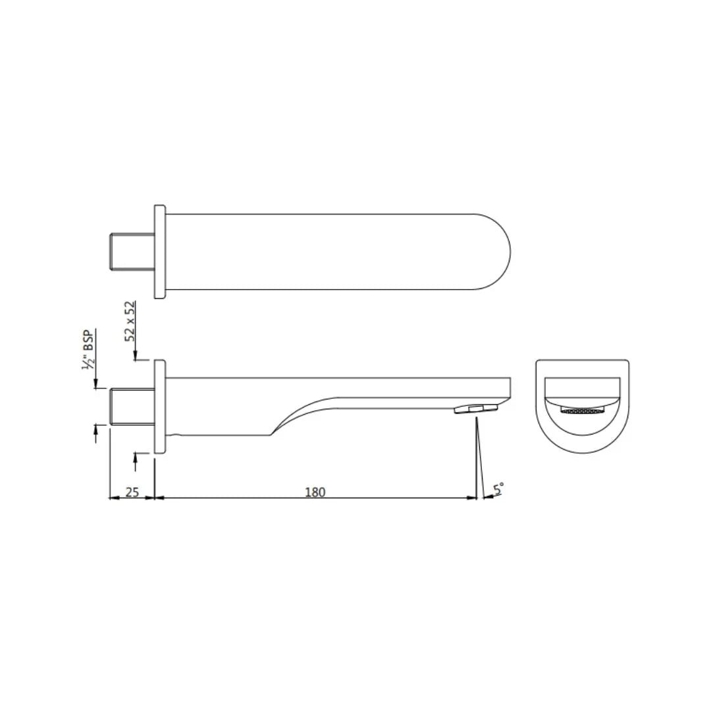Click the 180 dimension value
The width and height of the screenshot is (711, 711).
(x=315, y=492)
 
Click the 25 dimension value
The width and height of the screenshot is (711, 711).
(x=132, y=492)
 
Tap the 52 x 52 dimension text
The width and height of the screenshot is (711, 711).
(x=130, y=321)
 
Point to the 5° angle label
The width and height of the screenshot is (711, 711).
(x=499, y=488)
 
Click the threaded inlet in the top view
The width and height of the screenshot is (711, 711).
(x=131, y=251)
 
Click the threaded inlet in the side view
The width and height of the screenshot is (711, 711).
(x=131, y=406)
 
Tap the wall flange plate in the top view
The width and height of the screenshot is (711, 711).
(x=159, y=252)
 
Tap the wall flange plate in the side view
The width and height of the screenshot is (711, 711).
(x=159, y=406)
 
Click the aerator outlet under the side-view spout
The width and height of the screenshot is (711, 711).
(x=473, y=409)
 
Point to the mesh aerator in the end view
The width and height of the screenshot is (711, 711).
(x=582, y=410)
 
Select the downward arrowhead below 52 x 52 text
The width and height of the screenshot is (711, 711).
(x=135, y=357)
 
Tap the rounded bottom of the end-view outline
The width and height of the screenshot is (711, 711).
(x=582, y=452)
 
